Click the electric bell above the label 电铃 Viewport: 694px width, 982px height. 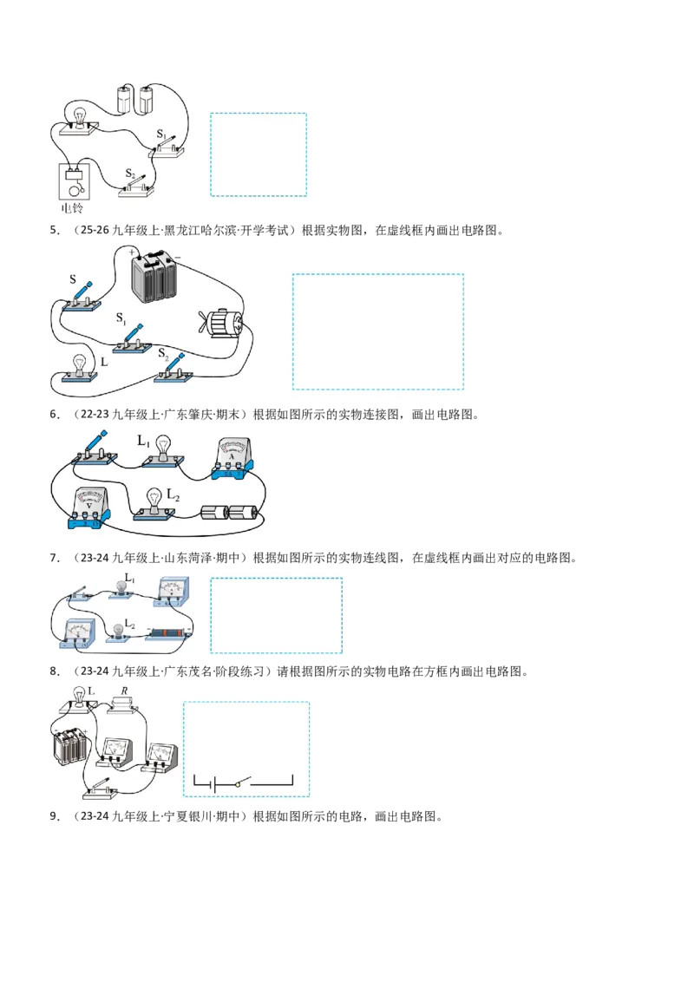click(x=75, y=181)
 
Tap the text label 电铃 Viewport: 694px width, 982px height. click(x=72, y=208)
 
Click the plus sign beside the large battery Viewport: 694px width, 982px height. click(x=133, y=252)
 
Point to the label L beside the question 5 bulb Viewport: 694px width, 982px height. click(x=104, y=362)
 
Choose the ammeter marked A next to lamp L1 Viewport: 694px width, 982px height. click(x=232, y=459)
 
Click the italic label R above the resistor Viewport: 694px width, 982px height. click(x=124, y=691)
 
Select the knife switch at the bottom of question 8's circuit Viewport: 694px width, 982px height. click(x=101, y=789)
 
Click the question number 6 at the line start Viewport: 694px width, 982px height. click(x=54, y=415)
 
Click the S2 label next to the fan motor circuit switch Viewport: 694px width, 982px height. click(x=163, y=355)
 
